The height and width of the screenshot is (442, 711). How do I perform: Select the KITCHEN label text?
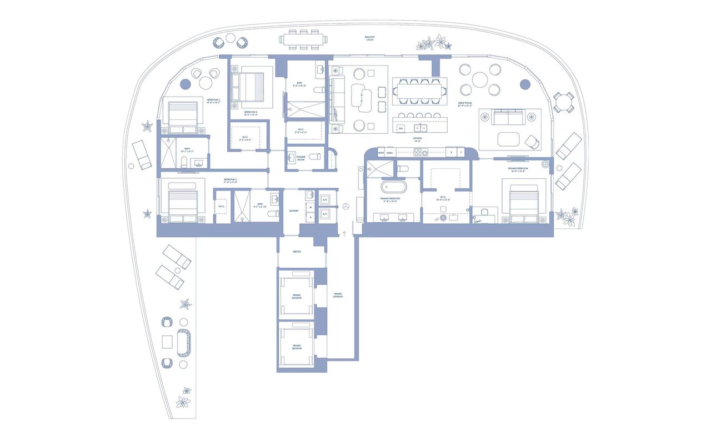417,139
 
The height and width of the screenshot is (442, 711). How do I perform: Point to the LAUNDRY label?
294,211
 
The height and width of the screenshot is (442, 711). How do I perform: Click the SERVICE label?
297,252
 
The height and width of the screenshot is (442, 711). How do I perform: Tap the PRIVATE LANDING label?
338,295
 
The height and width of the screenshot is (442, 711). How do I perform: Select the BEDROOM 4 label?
251,112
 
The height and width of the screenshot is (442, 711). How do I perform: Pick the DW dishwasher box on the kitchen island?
400,128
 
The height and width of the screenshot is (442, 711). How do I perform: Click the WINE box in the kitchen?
381,152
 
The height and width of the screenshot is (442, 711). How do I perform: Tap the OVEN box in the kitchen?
389,152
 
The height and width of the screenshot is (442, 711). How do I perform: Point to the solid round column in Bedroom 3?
185,84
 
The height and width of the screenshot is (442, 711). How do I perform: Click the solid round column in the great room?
524,84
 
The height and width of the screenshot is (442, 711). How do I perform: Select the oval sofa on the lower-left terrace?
183,340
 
